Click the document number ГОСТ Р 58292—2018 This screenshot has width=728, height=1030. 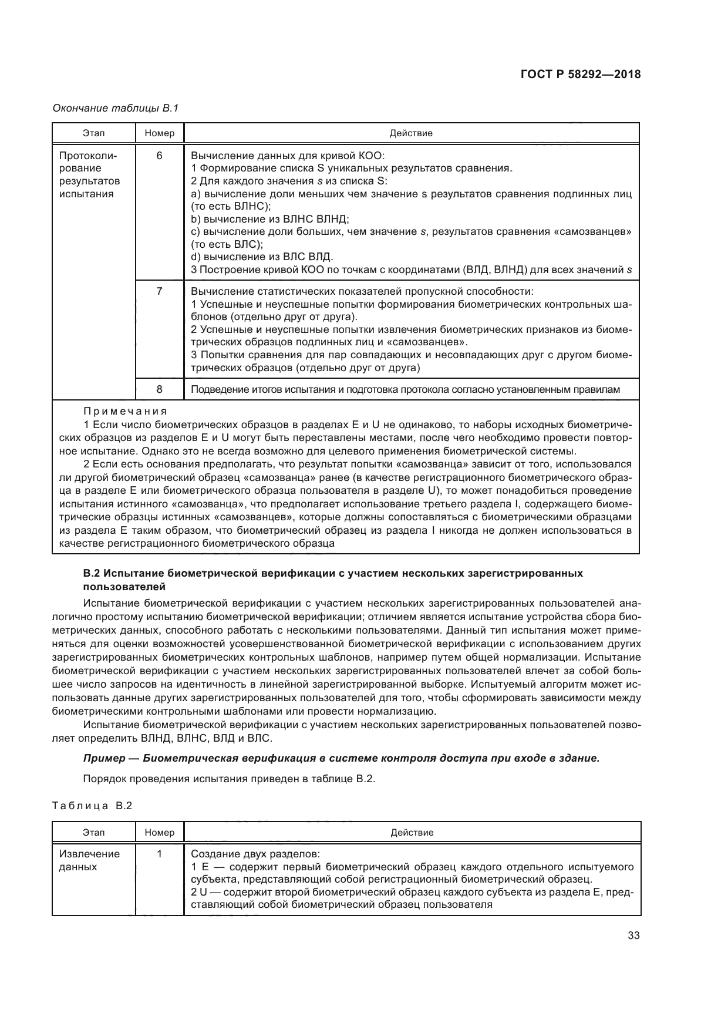[x=580, y=75]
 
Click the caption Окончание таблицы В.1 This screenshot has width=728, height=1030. [x=115, y=108]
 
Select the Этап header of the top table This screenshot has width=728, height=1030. [x=94, y=133]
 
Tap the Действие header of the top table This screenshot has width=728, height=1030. [x=411, y=133]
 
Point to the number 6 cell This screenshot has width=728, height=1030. [x=159, y=156]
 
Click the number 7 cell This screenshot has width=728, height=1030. [x=159, y=291]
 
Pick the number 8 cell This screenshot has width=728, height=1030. [x=159, y=389]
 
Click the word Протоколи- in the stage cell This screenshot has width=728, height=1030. [x=88, y=156]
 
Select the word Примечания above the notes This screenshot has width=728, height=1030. [x=125, y=411]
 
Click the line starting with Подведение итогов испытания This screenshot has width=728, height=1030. [x=405, y=389]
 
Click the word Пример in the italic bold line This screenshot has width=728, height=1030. [x=103, y=758]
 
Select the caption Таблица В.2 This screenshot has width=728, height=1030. [x=92, y=806]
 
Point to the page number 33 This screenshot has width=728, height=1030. [x=633, y=936]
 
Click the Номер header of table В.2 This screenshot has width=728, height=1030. [x=159, y=833]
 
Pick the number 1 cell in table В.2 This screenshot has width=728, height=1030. [x=159, y=854]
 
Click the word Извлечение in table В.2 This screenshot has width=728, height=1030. [x=89, y=854]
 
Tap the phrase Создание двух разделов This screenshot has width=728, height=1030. [x=256, y=854]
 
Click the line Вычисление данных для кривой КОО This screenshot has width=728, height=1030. [x=288, y=156]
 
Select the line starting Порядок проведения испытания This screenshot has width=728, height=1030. [x=229, y=779]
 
